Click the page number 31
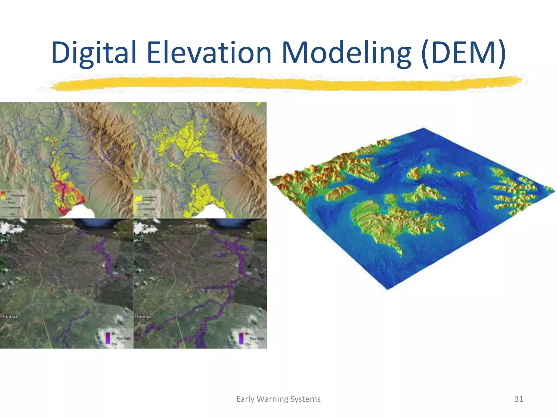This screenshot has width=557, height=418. (518, 399)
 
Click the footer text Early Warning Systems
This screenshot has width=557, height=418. (278, 399)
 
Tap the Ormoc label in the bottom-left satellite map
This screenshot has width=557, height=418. (67, 226)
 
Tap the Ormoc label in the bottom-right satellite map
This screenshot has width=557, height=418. (201, 226)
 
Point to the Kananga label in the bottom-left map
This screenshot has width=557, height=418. (10, 316)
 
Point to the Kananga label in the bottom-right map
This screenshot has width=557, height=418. (144, 316)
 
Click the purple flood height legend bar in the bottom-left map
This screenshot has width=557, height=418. (108, 338)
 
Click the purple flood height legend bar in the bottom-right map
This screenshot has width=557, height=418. (241, 338)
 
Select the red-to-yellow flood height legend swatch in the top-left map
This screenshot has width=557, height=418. (3, 195)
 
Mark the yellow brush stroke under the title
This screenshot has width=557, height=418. (286, 83)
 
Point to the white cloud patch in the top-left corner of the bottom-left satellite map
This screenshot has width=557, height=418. (11, 227)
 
